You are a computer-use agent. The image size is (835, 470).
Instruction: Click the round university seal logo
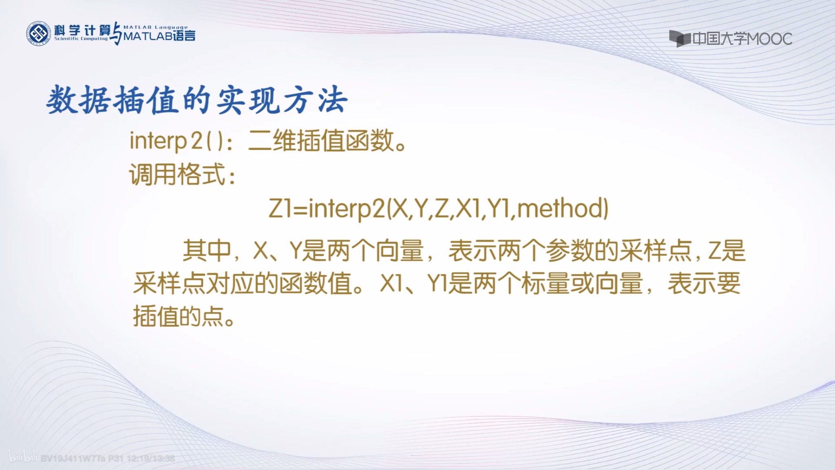[38, 33]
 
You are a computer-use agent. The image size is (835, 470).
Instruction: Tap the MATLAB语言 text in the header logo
[159, 36]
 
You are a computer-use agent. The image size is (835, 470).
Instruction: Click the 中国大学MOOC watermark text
[742, 39]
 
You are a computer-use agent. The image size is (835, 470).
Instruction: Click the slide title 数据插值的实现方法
[197, 100]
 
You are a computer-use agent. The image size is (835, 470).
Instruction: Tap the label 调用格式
[177, 175]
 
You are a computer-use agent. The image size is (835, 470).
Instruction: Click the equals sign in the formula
[300, 209]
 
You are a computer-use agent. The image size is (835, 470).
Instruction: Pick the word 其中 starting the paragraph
[207, 250]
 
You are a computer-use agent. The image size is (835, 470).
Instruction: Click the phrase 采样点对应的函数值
[243, 283]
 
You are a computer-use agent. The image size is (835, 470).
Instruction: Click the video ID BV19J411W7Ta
[73, 459]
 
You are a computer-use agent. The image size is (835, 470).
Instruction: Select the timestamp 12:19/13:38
[151, 459]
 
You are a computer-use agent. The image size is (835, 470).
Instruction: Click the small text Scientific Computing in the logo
[81, 39]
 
